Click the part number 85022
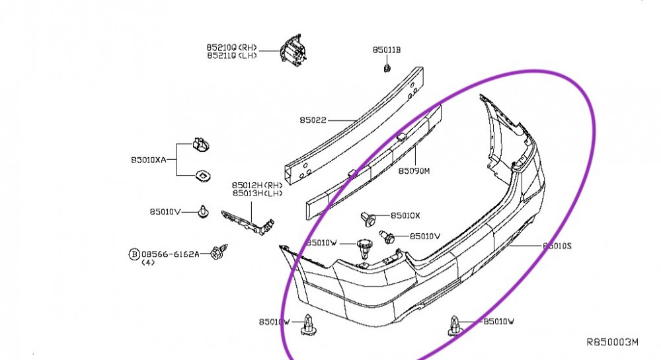(313, 120)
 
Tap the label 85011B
(387, 50)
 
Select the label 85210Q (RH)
(231, 48)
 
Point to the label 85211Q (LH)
(231, 56)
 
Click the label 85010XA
(149, 160)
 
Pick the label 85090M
(414, 171)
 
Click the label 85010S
(557, 246)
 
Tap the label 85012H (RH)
(257, 185)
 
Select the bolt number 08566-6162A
(170, 254)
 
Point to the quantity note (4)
(148, 262)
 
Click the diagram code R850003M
(613, 342)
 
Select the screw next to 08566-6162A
(215, 253)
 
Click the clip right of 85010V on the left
(202, 211)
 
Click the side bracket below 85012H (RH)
(248, 221)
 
